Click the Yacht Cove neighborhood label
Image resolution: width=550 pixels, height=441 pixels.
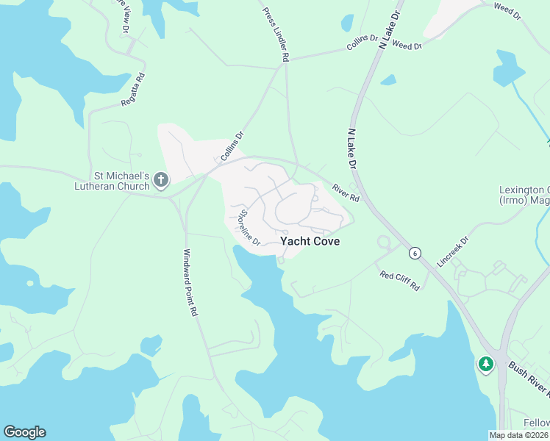point(310,241)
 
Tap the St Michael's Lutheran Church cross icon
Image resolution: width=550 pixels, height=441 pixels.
point(161,180)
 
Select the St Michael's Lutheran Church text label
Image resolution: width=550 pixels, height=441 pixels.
point(121,182)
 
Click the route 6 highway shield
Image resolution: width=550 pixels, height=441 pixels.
point(416,253)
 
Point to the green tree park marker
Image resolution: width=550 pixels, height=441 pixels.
point(485,364)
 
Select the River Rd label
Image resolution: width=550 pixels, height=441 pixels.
point(344,193)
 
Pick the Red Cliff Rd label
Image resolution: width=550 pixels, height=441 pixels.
point(399,280)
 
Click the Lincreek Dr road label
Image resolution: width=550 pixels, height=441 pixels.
point(452,252)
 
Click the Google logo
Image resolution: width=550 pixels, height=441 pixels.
point(24,432)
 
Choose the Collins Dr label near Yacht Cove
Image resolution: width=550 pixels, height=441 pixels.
point(232,147)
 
